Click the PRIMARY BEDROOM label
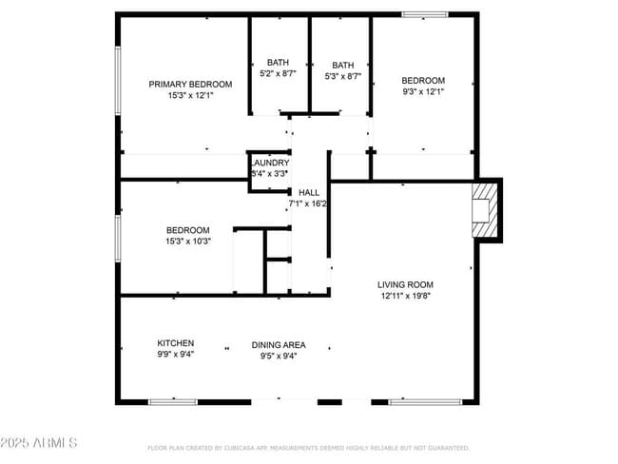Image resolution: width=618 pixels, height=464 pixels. (190, 84)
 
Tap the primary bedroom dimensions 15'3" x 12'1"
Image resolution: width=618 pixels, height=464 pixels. (190, 95)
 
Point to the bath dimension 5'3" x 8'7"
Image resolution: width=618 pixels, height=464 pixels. (342, 77)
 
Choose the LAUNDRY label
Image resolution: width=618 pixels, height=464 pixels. (269, 164)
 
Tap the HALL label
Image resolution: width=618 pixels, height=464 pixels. (308, 192)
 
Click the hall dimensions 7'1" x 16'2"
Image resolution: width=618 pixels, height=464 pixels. (308, 203)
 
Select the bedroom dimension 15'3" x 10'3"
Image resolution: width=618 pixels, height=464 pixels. (188, 242)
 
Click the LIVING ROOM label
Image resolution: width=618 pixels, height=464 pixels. (405, 284)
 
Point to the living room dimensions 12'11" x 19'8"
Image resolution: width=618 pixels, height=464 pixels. (405, 296)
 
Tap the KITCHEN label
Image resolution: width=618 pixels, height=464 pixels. (176, 343)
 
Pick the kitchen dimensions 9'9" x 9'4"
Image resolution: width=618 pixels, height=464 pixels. (176, 355)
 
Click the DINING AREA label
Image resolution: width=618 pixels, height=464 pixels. (279, 345)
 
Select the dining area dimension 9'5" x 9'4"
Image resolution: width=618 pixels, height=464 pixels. (279, 357)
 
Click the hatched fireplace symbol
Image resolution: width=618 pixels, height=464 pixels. (485, 209)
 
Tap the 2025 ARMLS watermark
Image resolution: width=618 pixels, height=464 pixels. (40, 444)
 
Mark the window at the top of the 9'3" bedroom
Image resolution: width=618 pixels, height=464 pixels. (423, 14)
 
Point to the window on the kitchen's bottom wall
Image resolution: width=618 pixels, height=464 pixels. (173, 402)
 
